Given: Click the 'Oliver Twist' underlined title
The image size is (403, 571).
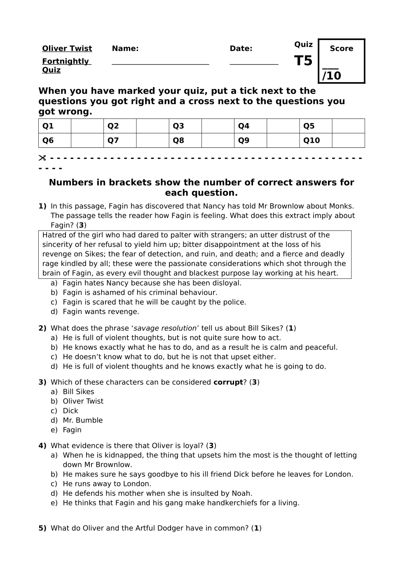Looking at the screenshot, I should pyautogui.click(x=67, y=49).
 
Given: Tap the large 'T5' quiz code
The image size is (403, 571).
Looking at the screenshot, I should pyautogui.click(x=303, y=61).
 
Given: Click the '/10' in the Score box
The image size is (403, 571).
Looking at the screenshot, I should pyautogui.click(x=332, y=76).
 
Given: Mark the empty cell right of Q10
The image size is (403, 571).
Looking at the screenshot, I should pyautogui.click(x=348, y=140).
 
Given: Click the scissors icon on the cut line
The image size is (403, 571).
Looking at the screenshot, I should pyautogui.click(x=42, y=158).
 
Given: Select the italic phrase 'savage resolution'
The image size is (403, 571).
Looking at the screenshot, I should pyautogui.click(x=165, y=329).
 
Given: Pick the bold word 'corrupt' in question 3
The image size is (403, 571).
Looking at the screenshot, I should pyautogui.click(x=228, y=382).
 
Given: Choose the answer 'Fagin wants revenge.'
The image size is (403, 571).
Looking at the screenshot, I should pyautogui.click(x=101, y=312).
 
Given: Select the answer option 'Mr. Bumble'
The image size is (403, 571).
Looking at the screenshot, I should pyautogui.click(x=82, y=420).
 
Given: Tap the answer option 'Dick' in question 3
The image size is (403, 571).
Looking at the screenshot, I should pyautogui.click(x=70, y=411).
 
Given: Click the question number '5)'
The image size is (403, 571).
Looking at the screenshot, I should pyautogui.click(x=42, y=528).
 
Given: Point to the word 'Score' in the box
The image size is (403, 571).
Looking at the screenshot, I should pyautogui.click(x=342, y=49).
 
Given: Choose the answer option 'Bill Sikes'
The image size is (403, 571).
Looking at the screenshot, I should pyautogui.click(x=78, y=392).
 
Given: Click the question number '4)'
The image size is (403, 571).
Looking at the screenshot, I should pyautogui.click(x=42, y=446).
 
